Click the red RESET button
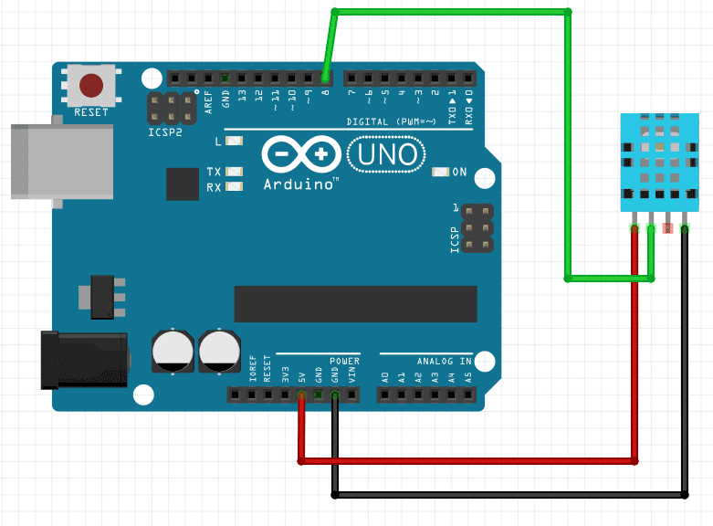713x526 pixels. pos(90,86)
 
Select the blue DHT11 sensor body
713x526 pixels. pos(657,160)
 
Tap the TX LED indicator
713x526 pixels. pos(234,172)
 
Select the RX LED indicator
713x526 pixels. pos(234,187)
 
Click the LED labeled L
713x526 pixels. pos(234,142)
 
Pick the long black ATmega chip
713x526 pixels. pos(355,304)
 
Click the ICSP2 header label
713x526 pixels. pos(165,131)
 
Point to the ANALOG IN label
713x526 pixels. pos(443,361)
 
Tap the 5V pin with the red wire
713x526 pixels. pos(302,395)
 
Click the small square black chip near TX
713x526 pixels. pos(183,184)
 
